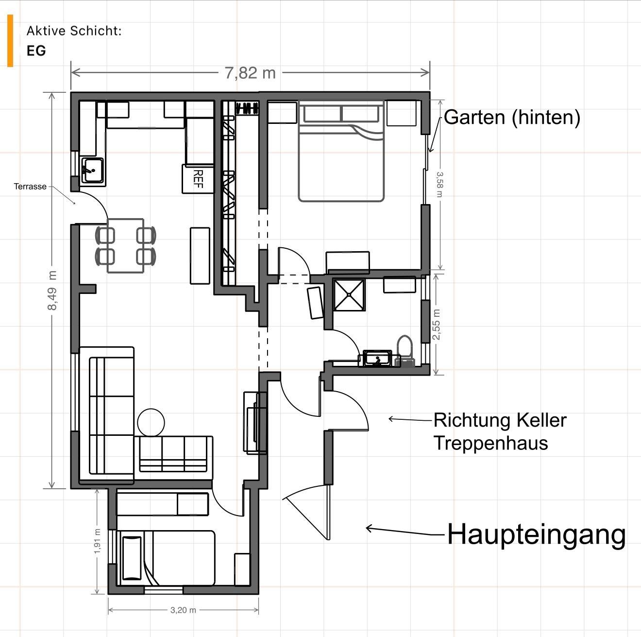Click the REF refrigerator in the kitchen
coord(198,179)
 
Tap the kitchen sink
coord(92,171)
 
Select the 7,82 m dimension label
coord(250,73)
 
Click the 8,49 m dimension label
coord(52,291)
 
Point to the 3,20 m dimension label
coord(183,610)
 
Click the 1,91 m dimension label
coord(97,541)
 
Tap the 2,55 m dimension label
coord(436,325)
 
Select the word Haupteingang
coord(536,534)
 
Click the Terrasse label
coord(30,187)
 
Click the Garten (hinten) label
coord(512,117)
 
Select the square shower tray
coord(349,294)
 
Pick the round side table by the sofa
coord(151,422)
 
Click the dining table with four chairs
coord(125,245)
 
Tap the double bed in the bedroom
coord(341,151)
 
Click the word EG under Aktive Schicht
coord(36,51)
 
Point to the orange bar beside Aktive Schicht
coord(10,40)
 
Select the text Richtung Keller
coord(500,420)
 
